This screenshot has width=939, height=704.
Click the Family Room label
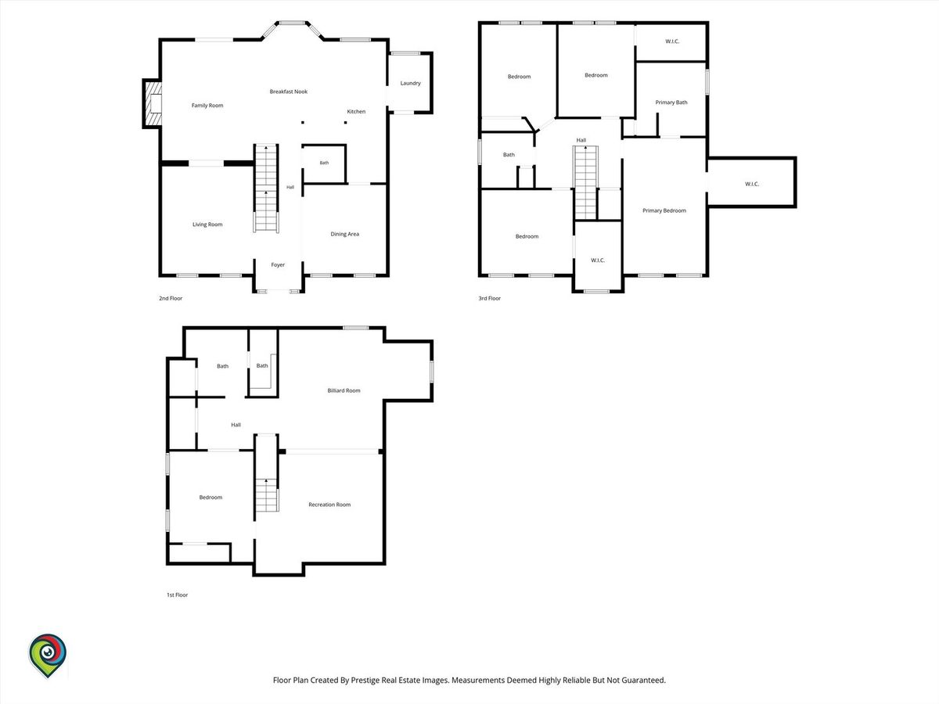pos(207,105)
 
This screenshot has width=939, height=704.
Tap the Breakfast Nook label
pos(288,92)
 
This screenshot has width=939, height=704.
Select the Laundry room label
pos(410,83)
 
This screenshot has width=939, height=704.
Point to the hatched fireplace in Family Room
pos(153,103)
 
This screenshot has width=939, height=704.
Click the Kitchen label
pos(356,112)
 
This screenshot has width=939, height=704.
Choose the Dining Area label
pos(345,234)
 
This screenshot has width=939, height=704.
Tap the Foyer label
pos(278,265)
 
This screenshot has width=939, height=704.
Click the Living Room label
pos(207,224)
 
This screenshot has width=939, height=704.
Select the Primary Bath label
pos(671,102)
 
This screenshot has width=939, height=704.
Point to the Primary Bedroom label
pos(664,210)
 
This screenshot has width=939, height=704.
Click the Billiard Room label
pos(344,390)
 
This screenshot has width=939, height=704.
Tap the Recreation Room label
pos(329,505)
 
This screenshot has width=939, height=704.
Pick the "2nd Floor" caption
pos(171,298)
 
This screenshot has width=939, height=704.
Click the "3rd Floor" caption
pos(489,298)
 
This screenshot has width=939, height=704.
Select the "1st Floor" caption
pos(177,594)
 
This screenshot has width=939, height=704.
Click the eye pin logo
pos(48,656)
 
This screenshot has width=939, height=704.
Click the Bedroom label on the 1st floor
pos(210,497)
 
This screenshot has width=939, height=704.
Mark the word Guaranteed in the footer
pos(643,680)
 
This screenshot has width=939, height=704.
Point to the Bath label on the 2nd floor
pos(324,163)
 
